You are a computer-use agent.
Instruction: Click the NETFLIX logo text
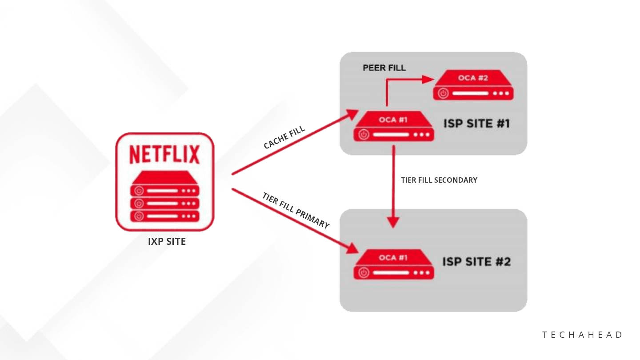[164, 154]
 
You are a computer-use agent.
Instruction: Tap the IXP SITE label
[167, 242]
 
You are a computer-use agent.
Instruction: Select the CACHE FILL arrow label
[284, 137]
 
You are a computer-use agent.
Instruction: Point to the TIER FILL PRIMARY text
[296, 210]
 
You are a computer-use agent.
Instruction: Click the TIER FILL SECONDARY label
[439, 180]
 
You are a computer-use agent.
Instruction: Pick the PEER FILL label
[384, 68]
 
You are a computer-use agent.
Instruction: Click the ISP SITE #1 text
[476, 123]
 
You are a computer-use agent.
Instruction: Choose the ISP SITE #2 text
[476, 261]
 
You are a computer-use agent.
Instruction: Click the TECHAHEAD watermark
[582, 335]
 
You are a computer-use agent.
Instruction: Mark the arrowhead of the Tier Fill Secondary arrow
[393, 222]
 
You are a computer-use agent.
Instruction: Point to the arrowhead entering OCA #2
[428, 80]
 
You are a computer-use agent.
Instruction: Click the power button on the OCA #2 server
[443, 94]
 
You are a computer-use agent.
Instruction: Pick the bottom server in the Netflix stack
[164, 216]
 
